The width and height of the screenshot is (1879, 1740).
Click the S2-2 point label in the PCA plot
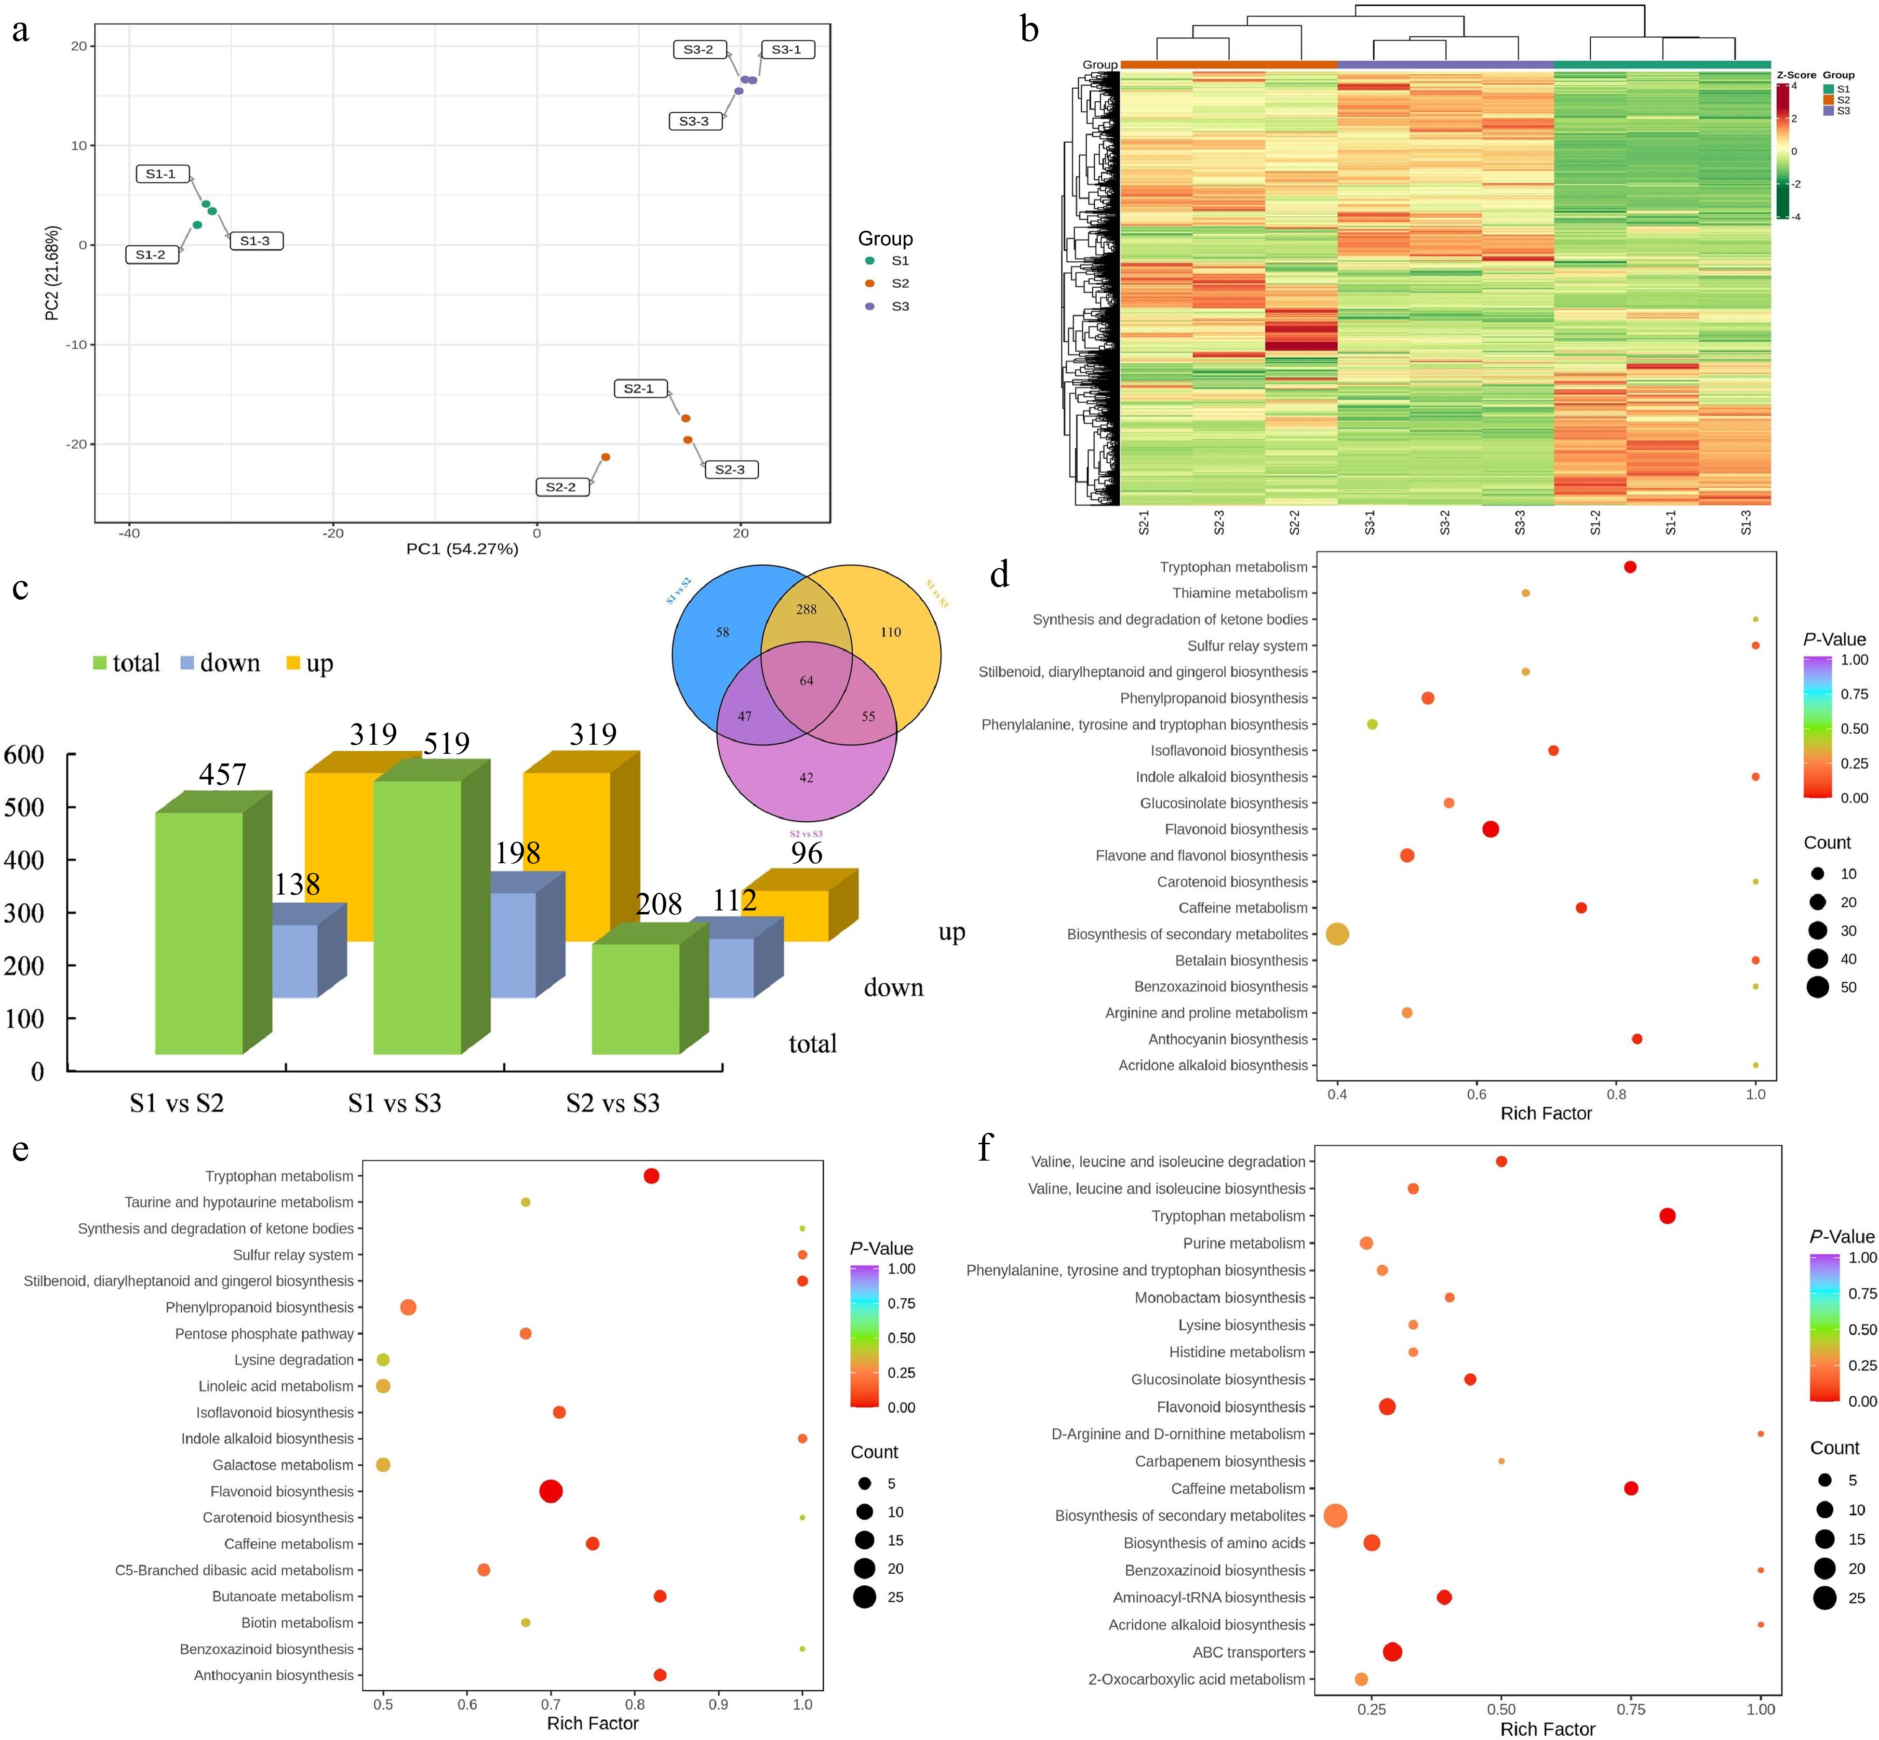[x=562, y=487]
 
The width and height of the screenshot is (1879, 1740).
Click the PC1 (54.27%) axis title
[x=462, y=549]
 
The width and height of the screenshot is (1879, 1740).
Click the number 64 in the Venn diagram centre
[x=806, y=681]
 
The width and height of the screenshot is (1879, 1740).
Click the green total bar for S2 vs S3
[x=636, y=998]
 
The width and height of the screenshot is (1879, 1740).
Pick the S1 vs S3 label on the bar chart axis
[x=395, y=1103]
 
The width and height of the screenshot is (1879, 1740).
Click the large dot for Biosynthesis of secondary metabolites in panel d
[x=1338, y=934]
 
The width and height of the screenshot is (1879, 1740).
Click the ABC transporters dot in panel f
[x=1392, y=1651]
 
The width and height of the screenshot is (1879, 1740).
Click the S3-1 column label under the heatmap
[x=1369, y=522]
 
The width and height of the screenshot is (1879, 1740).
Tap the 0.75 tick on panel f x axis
[x=1631, y=1710]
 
